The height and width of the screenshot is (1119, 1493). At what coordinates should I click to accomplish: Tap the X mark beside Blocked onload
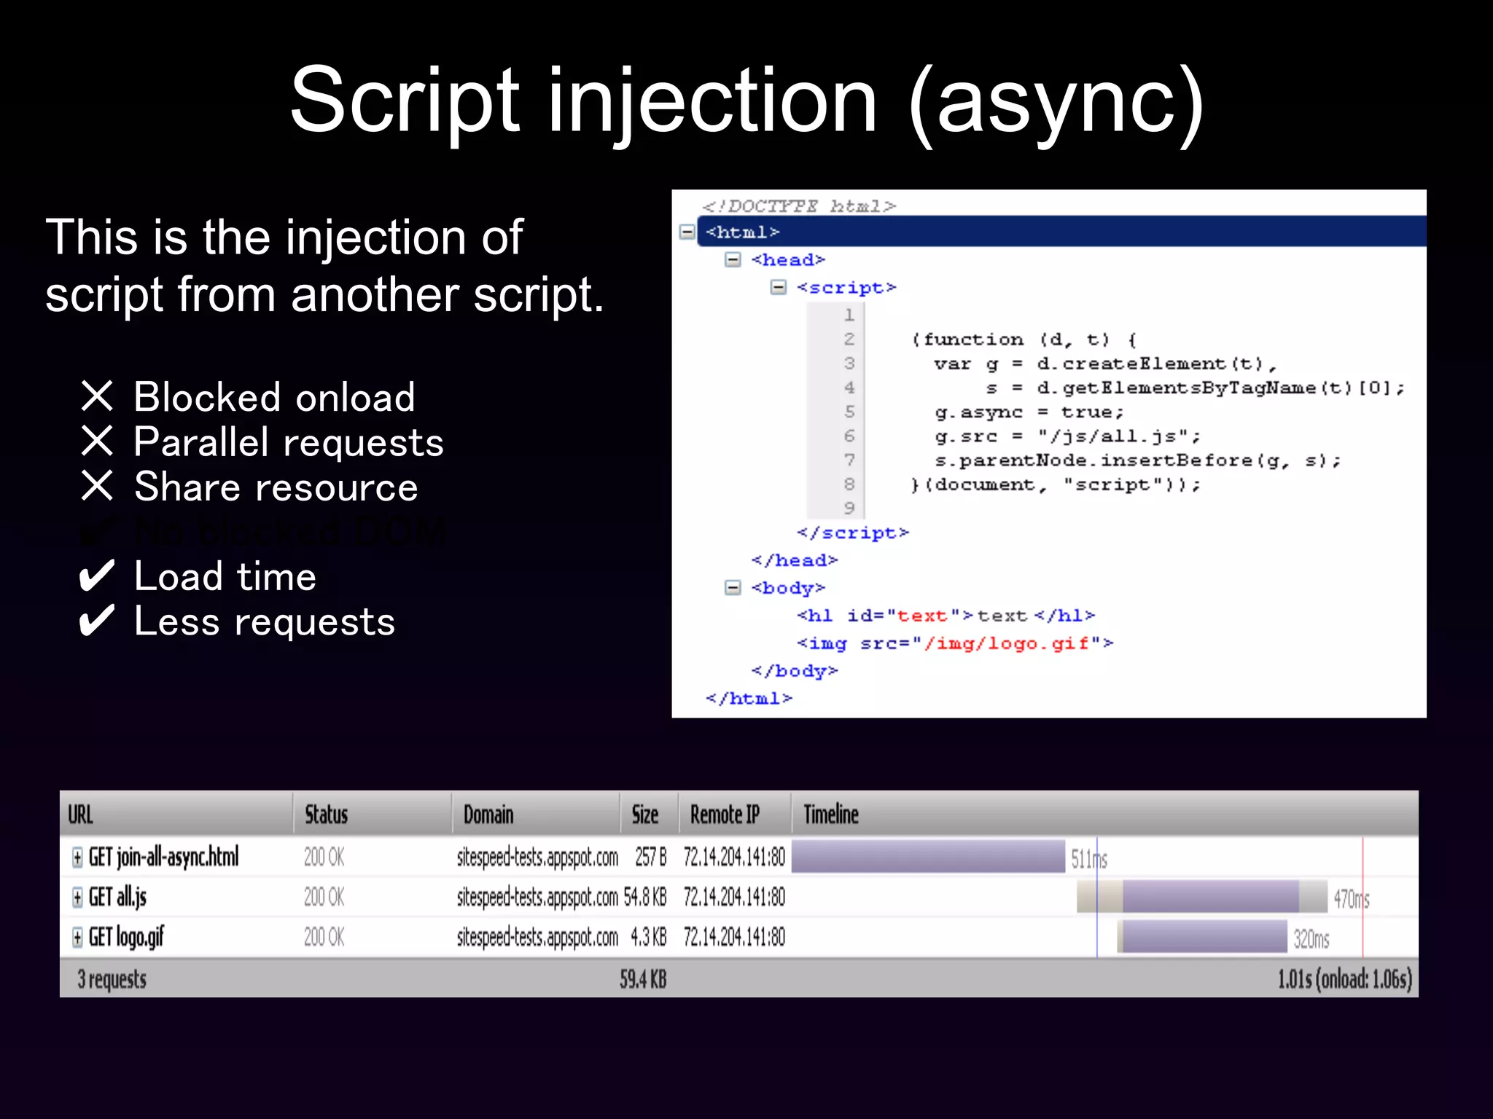(97, 397)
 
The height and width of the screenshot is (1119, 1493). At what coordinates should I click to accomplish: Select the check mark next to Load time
(97, 576)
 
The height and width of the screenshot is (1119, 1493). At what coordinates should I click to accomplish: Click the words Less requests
(264, 621)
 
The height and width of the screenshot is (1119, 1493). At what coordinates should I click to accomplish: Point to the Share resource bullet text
(276, 487)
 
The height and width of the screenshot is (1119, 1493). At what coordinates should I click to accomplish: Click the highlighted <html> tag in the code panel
(742, 232)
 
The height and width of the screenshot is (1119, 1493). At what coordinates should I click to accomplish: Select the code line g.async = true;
(1029, 412)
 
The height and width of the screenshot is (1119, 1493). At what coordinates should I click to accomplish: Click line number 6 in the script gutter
(849, 436)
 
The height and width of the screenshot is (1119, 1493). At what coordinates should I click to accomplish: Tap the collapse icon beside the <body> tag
(733, 588)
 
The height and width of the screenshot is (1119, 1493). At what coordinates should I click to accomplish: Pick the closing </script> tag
(852, 533)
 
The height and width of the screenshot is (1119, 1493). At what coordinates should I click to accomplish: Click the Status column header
(326, 814)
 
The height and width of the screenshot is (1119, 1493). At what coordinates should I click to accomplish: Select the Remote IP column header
(725, 814)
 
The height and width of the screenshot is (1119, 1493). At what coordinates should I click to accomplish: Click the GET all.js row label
(117, 897)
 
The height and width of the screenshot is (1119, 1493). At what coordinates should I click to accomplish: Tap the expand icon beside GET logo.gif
(77, 937)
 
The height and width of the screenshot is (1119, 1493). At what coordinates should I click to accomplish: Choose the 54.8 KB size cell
(645, 897)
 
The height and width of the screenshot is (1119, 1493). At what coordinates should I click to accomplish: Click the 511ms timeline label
(1088, 859)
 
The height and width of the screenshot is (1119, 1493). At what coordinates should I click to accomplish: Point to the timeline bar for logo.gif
(1203, 937)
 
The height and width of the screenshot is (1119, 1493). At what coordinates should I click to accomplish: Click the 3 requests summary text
(112, 979)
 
